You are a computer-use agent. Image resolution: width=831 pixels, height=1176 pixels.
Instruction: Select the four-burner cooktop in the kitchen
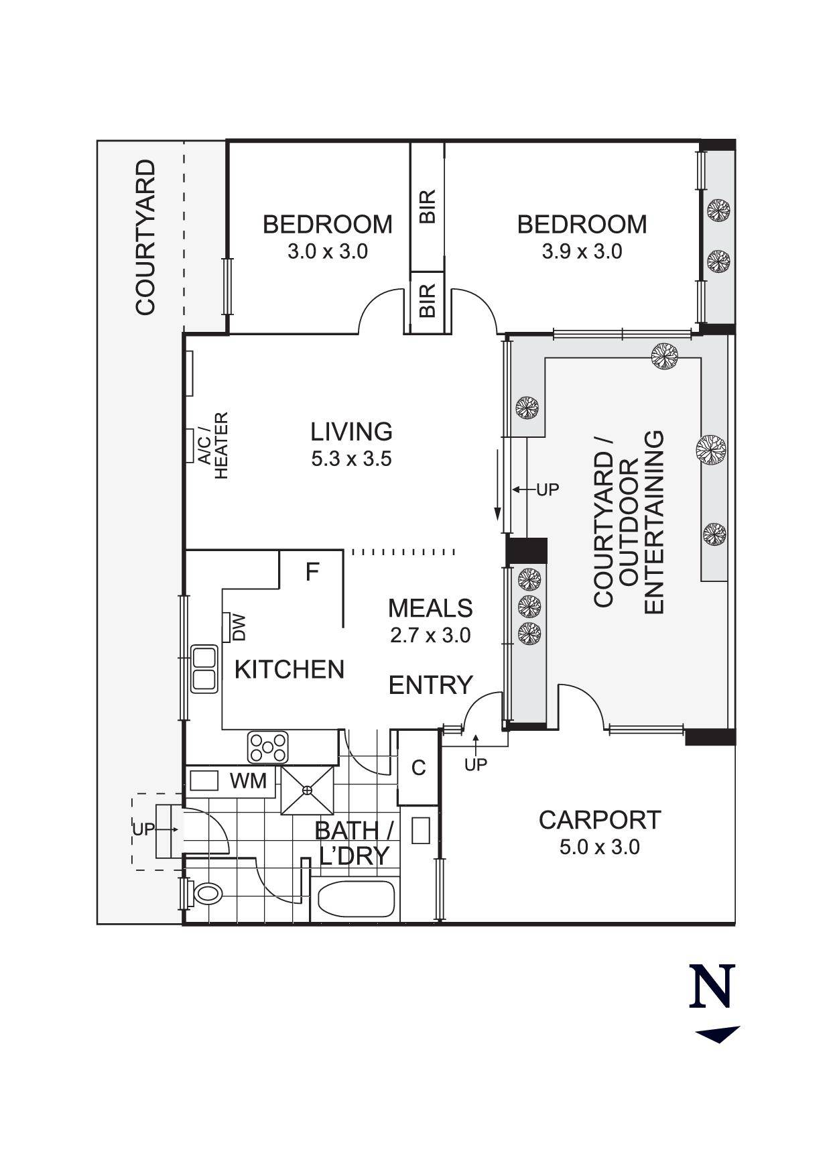tap(268, 747)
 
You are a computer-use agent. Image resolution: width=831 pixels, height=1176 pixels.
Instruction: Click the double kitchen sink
tap(204, 668)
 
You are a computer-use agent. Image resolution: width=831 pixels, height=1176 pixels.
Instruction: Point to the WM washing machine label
tap(248, 781)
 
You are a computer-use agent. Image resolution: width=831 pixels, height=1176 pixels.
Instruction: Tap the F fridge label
tap(312, 573)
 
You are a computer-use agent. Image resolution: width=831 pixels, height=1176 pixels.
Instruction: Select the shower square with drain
tap(308, 790)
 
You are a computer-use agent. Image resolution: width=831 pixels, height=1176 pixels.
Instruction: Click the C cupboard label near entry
tap(418, 768)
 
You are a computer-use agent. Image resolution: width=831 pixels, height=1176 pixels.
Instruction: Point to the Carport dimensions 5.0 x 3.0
tap(599, 847)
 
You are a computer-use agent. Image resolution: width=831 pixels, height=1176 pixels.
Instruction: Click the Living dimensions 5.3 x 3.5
tap(351, 459)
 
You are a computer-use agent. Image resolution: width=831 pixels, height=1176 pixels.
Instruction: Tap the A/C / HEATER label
tap(213, 446)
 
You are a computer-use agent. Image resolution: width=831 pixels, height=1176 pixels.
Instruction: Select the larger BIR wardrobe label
tap(428, 207)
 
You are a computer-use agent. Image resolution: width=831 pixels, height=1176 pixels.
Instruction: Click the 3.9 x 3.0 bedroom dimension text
tap(582, 252)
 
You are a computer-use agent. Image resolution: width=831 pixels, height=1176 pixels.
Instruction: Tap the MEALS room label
tap(430, 608)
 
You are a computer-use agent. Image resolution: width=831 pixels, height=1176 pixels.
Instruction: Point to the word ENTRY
tap(430, 685)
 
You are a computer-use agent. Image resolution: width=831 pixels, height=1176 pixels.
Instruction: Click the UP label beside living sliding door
tap(548, 490)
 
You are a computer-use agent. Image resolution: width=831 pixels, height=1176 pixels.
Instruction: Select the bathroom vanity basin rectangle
tap(420, 831)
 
